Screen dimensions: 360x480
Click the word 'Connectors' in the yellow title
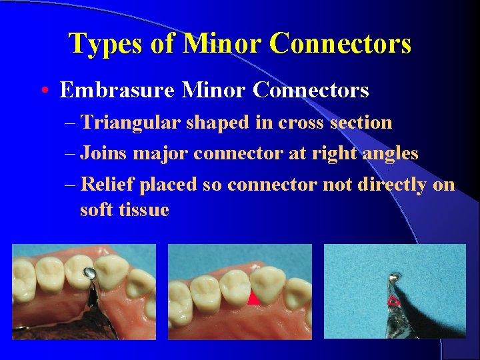tap(341, 44)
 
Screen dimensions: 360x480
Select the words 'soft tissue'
tap(124, 210)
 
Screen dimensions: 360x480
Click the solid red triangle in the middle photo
tap(253, 299)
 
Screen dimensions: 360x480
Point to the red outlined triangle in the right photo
tap(393, 301)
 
